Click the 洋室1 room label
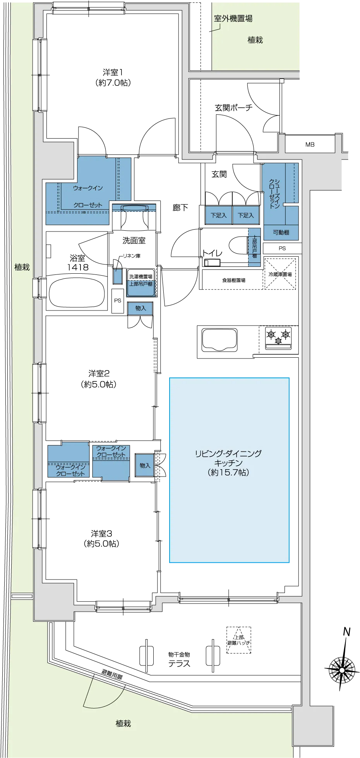(113, 72)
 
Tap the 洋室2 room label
(99, 374)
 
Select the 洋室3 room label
(101, 534)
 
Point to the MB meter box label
(310, 144)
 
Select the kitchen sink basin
(219, 340)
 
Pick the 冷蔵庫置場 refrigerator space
(280, 274)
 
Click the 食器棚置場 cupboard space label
(233, 280)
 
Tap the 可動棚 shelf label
(281, 232)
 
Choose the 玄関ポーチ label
(233, 108)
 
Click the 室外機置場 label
(233, 18)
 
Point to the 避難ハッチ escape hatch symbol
(239, 640)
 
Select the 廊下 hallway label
(180, 208)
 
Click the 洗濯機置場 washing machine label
(141, 276)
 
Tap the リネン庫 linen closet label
(132, 256)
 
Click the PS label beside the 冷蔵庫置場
(282, 248)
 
